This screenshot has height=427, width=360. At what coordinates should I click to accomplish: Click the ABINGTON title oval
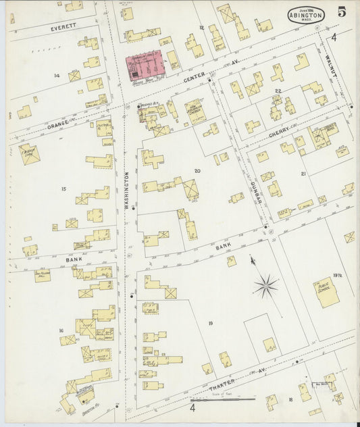tap(306, 15)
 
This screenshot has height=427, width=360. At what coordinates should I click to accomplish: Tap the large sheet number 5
tap(342, 12)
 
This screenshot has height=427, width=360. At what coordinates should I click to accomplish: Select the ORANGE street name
tap(59, 126)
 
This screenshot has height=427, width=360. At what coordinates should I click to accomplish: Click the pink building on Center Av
tap(146, 66)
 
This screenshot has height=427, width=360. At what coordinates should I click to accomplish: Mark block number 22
tap(277, 90)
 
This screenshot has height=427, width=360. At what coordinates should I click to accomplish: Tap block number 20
tap(198, 171)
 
